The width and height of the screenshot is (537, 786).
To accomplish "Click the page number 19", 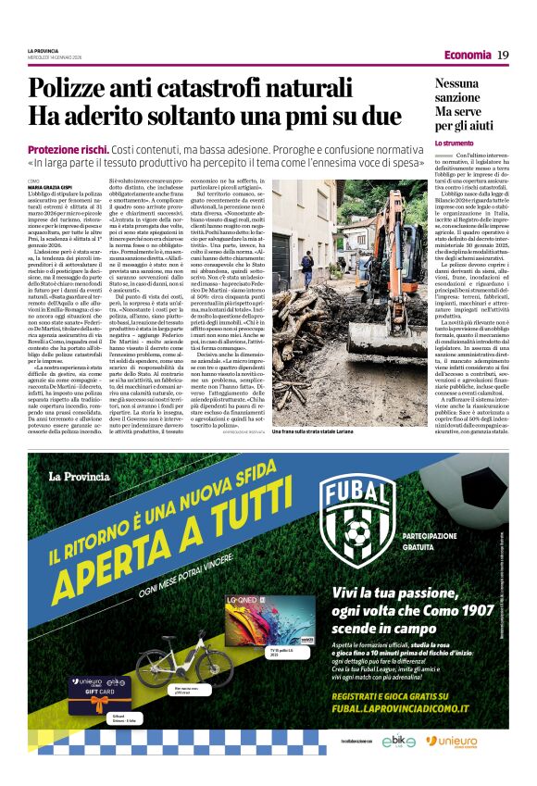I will pos(503,56).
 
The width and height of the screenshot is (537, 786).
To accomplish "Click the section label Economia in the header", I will pos(467,56).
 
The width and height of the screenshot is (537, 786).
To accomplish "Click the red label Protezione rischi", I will pos(69,149).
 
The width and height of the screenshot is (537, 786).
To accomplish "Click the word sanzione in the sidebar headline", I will pos(462,96).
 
